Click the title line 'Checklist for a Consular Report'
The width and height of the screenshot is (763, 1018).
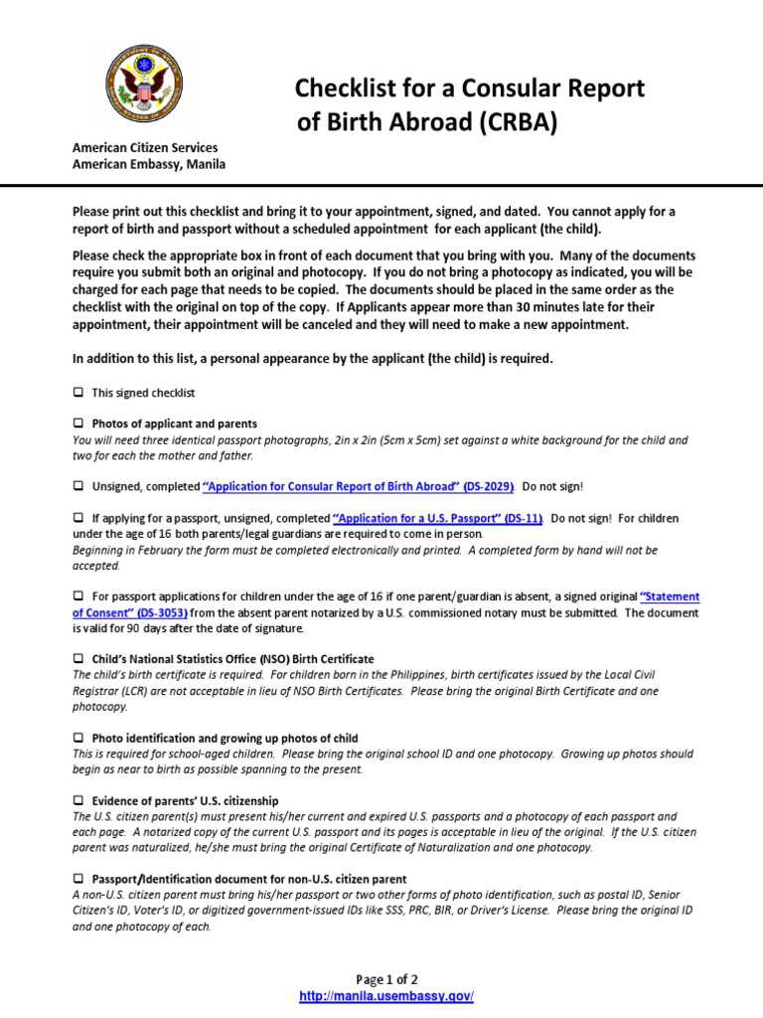pyautogui.click(x=469, y=88)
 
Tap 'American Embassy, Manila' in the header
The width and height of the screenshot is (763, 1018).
pyautogui.click(x=149, y=164)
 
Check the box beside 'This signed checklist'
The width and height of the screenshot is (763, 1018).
pyautogui.click(x=78, y=393)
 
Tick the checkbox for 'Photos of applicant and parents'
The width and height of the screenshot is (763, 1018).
pyautogui.click(x=78, y=424)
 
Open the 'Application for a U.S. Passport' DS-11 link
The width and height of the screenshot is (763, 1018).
pyautogui.click(x=437, y=518)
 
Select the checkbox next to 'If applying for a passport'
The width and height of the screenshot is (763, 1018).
pyautogui.click(x=78, y=518)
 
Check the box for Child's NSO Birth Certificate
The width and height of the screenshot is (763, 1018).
pyautogui.click(x=78, y=659)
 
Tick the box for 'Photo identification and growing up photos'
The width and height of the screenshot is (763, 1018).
pyautogui.click(x=78, y=739)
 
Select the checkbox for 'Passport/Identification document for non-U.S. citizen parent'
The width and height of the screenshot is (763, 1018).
pyautogui.click(x=78, y=880)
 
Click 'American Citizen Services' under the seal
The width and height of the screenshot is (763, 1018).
pyautogui.click(x=145, y=148)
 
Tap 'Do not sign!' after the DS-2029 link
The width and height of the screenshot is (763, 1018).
pyautogui.click(x=552, y=486)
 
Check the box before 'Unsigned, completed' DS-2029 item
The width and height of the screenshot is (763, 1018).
pyautogui.click(x=78, y=486)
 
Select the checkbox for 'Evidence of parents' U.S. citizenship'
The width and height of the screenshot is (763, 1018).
pyautogui.click(x=78, y=800)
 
